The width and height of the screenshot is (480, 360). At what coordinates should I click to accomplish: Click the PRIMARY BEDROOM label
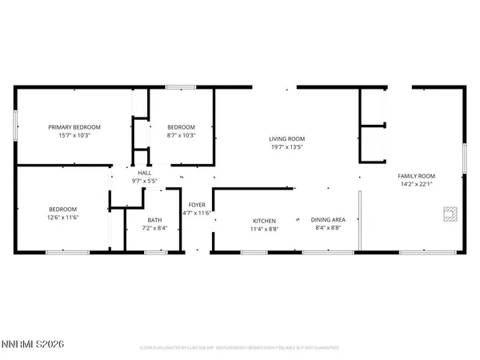74,126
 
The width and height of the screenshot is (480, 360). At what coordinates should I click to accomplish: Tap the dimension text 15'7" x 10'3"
74,135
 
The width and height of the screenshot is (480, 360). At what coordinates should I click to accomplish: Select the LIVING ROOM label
287,138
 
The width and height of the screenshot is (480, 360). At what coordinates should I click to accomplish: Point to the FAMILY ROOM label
417,176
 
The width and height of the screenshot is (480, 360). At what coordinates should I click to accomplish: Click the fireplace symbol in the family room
450,213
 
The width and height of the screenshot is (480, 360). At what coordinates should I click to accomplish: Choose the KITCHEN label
264,221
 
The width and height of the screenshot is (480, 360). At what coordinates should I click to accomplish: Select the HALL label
145,173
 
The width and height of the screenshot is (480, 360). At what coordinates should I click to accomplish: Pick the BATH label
154,221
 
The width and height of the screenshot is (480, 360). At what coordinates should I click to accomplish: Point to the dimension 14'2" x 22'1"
417,185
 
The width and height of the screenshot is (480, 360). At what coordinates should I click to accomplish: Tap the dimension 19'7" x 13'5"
287,147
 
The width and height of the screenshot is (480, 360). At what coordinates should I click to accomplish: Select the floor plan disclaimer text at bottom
239,348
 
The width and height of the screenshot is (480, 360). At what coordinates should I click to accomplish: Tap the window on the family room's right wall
466,157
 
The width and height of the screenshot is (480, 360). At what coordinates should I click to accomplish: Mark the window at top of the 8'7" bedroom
181,86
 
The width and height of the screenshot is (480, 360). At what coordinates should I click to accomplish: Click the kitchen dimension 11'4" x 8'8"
264,230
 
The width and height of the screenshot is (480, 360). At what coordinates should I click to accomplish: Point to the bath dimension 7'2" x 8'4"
154,230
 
